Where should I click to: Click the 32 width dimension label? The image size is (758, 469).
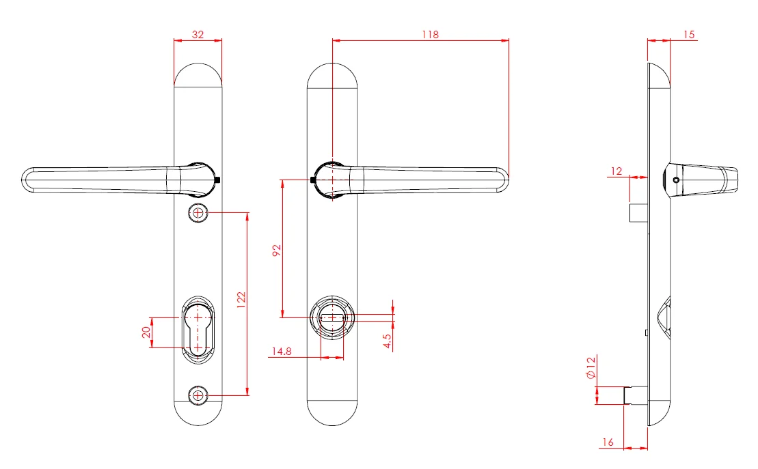click(198, 35)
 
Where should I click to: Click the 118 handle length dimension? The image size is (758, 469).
click(430, 35)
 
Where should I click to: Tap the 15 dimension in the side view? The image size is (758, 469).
click(689, 35)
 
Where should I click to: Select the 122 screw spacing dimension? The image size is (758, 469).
click(242, 297)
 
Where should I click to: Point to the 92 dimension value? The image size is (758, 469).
click(277, 251)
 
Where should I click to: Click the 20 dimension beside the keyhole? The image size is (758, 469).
click(146, 332)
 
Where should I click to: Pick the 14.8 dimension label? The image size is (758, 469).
click(282, 352)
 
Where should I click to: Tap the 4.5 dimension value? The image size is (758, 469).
click(388, 341)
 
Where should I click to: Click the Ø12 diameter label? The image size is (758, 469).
click(591, 368)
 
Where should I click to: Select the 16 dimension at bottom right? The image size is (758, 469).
click(608, 442)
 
